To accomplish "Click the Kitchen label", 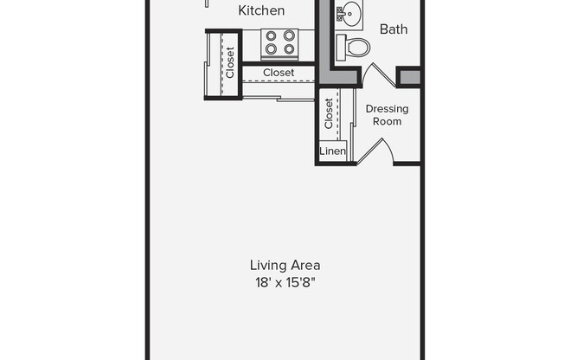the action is coord(261,10).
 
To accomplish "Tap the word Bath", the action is coord(394,29).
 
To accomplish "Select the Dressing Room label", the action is coord(387,115).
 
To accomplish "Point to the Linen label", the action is coord(333,151).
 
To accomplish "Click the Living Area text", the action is coord(285,266).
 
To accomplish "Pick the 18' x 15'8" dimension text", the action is coord(285,283).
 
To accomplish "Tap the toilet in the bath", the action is coord(353,48).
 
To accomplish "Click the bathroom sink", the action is coord(349,14).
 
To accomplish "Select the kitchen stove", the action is coord(280,44).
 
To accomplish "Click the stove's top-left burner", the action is coord(271,36).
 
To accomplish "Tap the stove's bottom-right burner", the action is coord(289,48).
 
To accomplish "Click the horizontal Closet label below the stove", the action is coord(279,73).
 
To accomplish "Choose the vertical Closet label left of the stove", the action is coord(230,62).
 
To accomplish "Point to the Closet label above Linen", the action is coord(329,113).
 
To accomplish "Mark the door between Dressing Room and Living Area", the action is coord(376,151).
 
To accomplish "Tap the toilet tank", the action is coord(342,48).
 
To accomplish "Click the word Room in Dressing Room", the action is coord(387,121).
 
